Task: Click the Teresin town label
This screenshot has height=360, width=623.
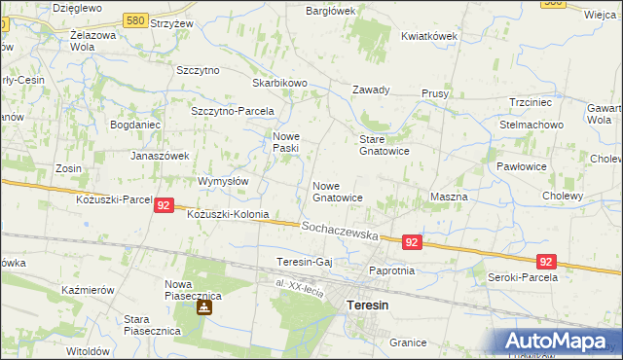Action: (x=368, y=305)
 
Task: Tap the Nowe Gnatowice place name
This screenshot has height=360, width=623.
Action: (x=337, y=191)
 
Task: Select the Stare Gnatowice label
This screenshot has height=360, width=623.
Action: (x=385, y=144)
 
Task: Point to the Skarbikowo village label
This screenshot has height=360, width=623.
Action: (x=279, y=84)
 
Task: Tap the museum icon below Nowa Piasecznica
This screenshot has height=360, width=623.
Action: (x=204, y=308)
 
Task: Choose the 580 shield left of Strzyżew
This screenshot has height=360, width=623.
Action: (x=136, y=19)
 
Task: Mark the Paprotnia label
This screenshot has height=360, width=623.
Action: (x=392, y=270)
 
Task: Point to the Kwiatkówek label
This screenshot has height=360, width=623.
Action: (x=429, y=36)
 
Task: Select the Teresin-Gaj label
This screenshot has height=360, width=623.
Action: (x=305, y=263)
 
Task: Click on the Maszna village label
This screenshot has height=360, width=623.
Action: (x=449, y=197)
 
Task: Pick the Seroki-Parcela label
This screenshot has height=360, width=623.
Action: (x=522, y=277)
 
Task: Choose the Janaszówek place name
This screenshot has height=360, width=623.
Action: (x=161, y=155)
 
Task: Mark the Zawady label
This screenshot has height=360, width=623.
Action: (x=371, y=90)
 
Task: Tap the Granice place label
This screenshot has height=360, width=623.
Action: (x=408, y=342)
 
